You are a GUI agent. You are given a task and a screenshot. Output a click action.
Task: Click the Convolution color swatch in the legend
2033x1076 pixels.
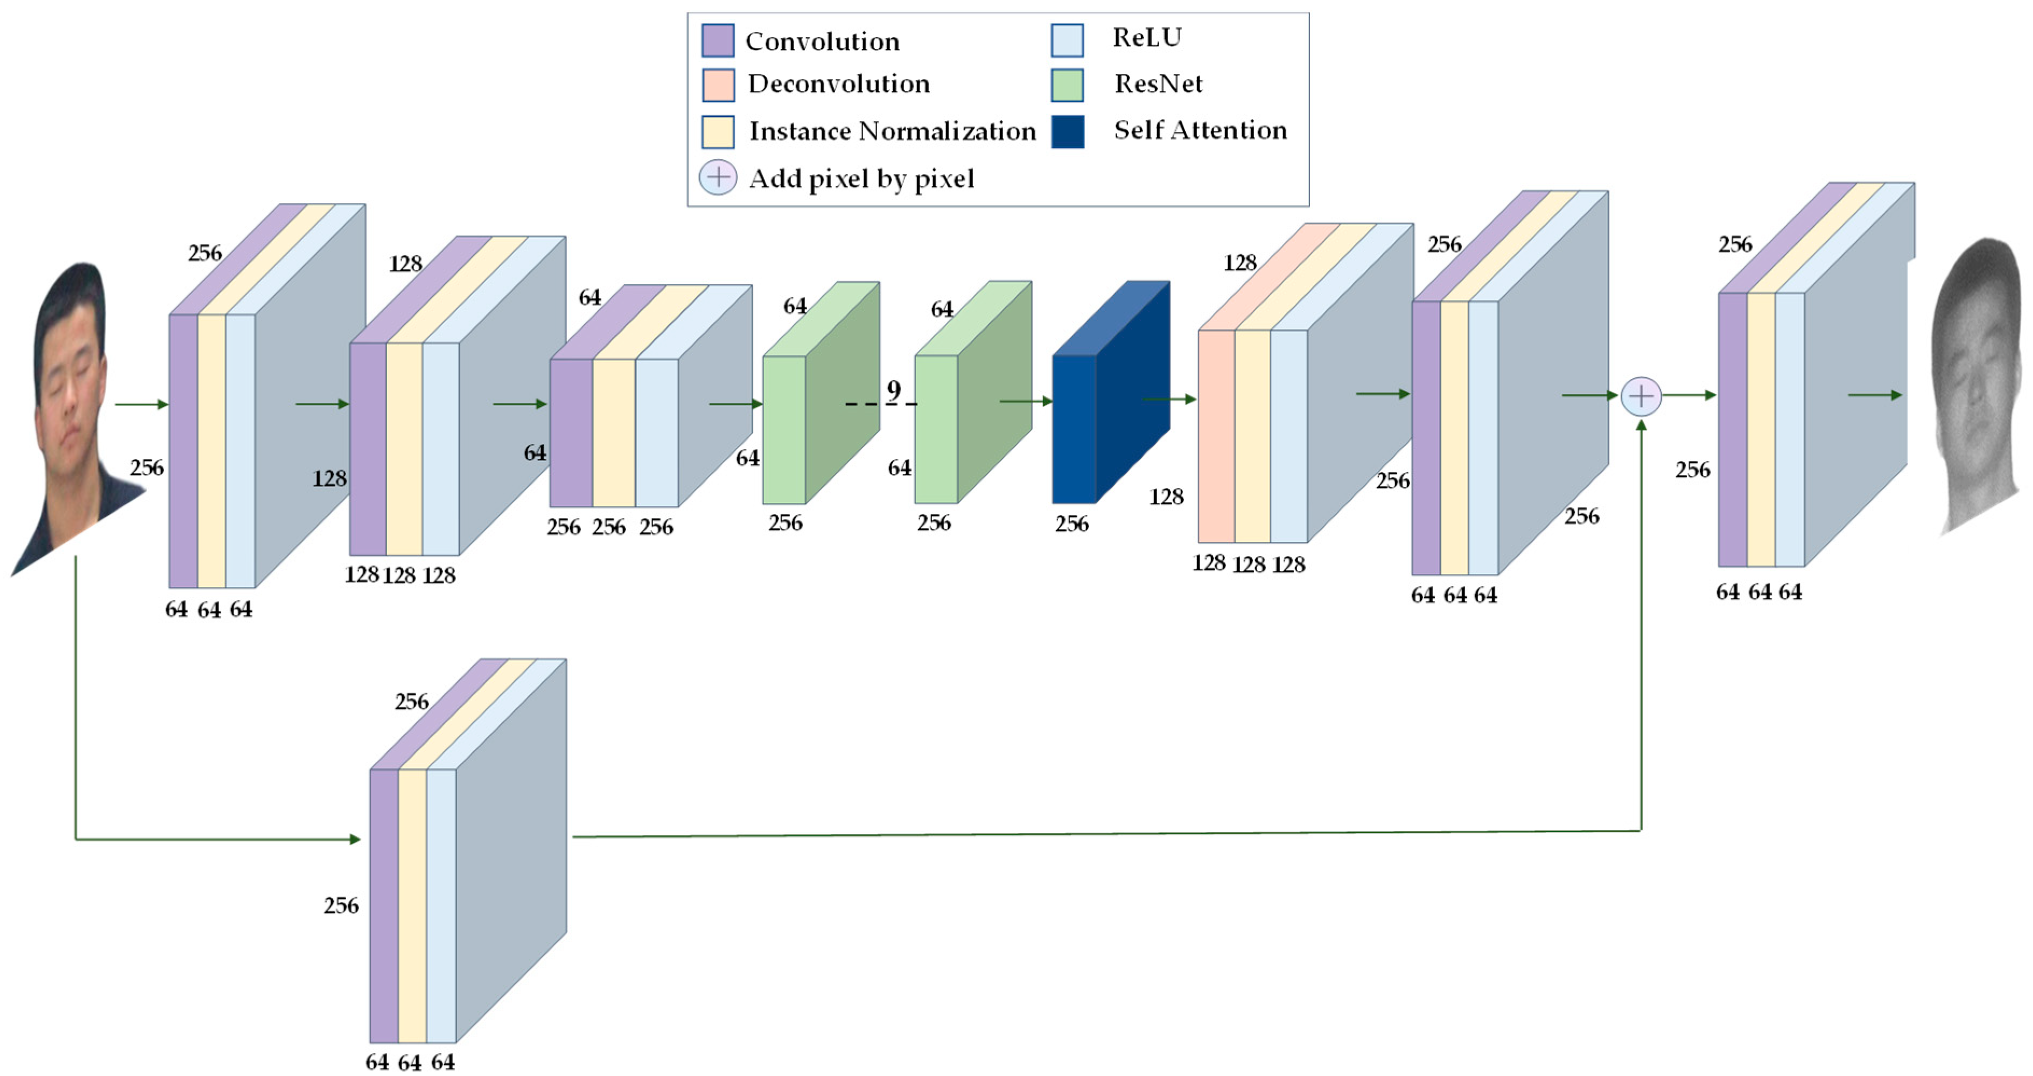717,40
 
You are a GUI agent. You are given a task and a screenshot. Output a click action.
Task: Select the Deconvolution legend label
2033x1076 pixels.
838,83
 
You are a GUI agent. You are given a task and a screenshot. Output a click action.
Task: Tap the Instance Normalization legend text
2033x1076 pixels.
892,131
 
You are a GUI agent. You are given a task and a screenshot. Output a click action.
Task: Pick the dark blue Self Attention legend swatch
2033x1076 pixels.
1067,131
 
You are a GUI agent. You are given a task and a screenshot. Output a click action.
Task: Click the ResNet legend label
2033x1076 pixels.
1158,83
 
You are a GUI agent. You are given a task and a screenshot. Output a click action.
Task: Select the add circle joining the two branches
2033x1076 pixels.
1641,396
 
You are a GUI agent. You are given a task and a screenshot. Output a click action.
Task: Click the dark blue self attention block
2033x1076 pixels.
1074,429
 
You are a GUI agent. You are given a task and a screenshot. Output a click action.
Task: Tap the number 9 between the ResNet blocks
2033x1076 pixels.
893,390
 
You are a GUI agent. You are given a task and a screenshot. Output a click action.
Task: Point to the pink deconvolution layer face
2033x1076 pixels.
1216,436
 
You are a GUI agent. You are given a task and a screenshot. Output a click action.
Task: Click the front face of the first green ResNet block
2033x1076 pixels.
784,429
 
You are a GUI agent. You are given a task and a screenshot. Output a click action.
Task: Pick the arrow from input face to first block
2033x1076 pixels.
142,405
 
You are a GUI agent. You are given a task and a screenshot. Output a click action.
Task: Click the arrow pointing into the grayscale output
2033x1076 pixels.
1875,395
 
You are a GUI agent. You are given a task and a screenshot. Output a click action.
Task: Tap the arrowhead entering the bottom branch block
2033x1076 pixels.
355,839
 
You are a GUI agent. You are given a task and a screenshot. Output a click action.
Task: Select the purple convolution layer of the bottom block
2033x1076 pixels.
384,905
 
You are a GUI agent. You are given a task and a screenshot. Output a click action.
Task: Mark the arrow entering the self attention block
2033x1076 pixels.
1026,401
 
